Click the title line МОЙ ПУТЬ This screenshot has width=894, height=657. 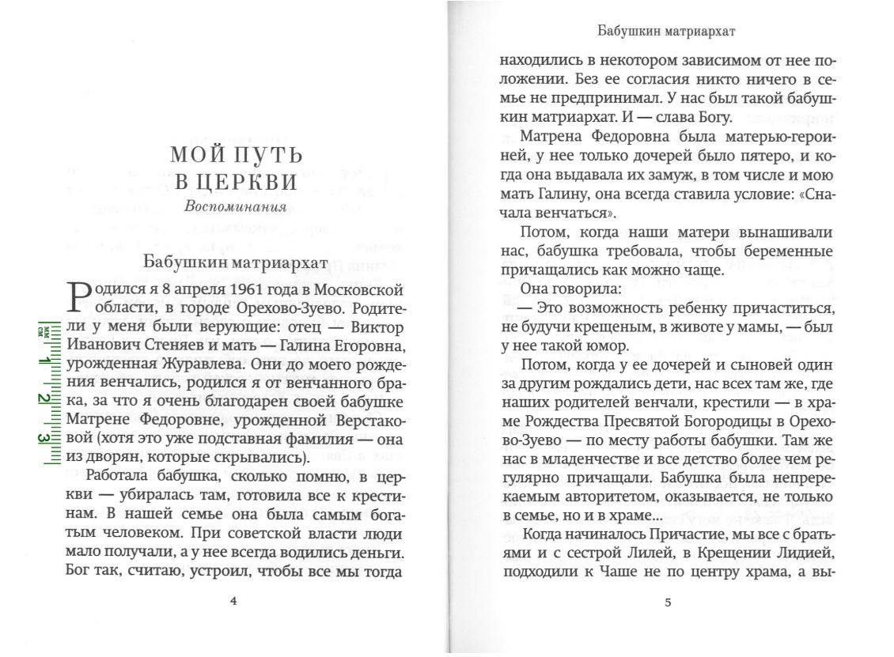[x=237, y=155]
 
